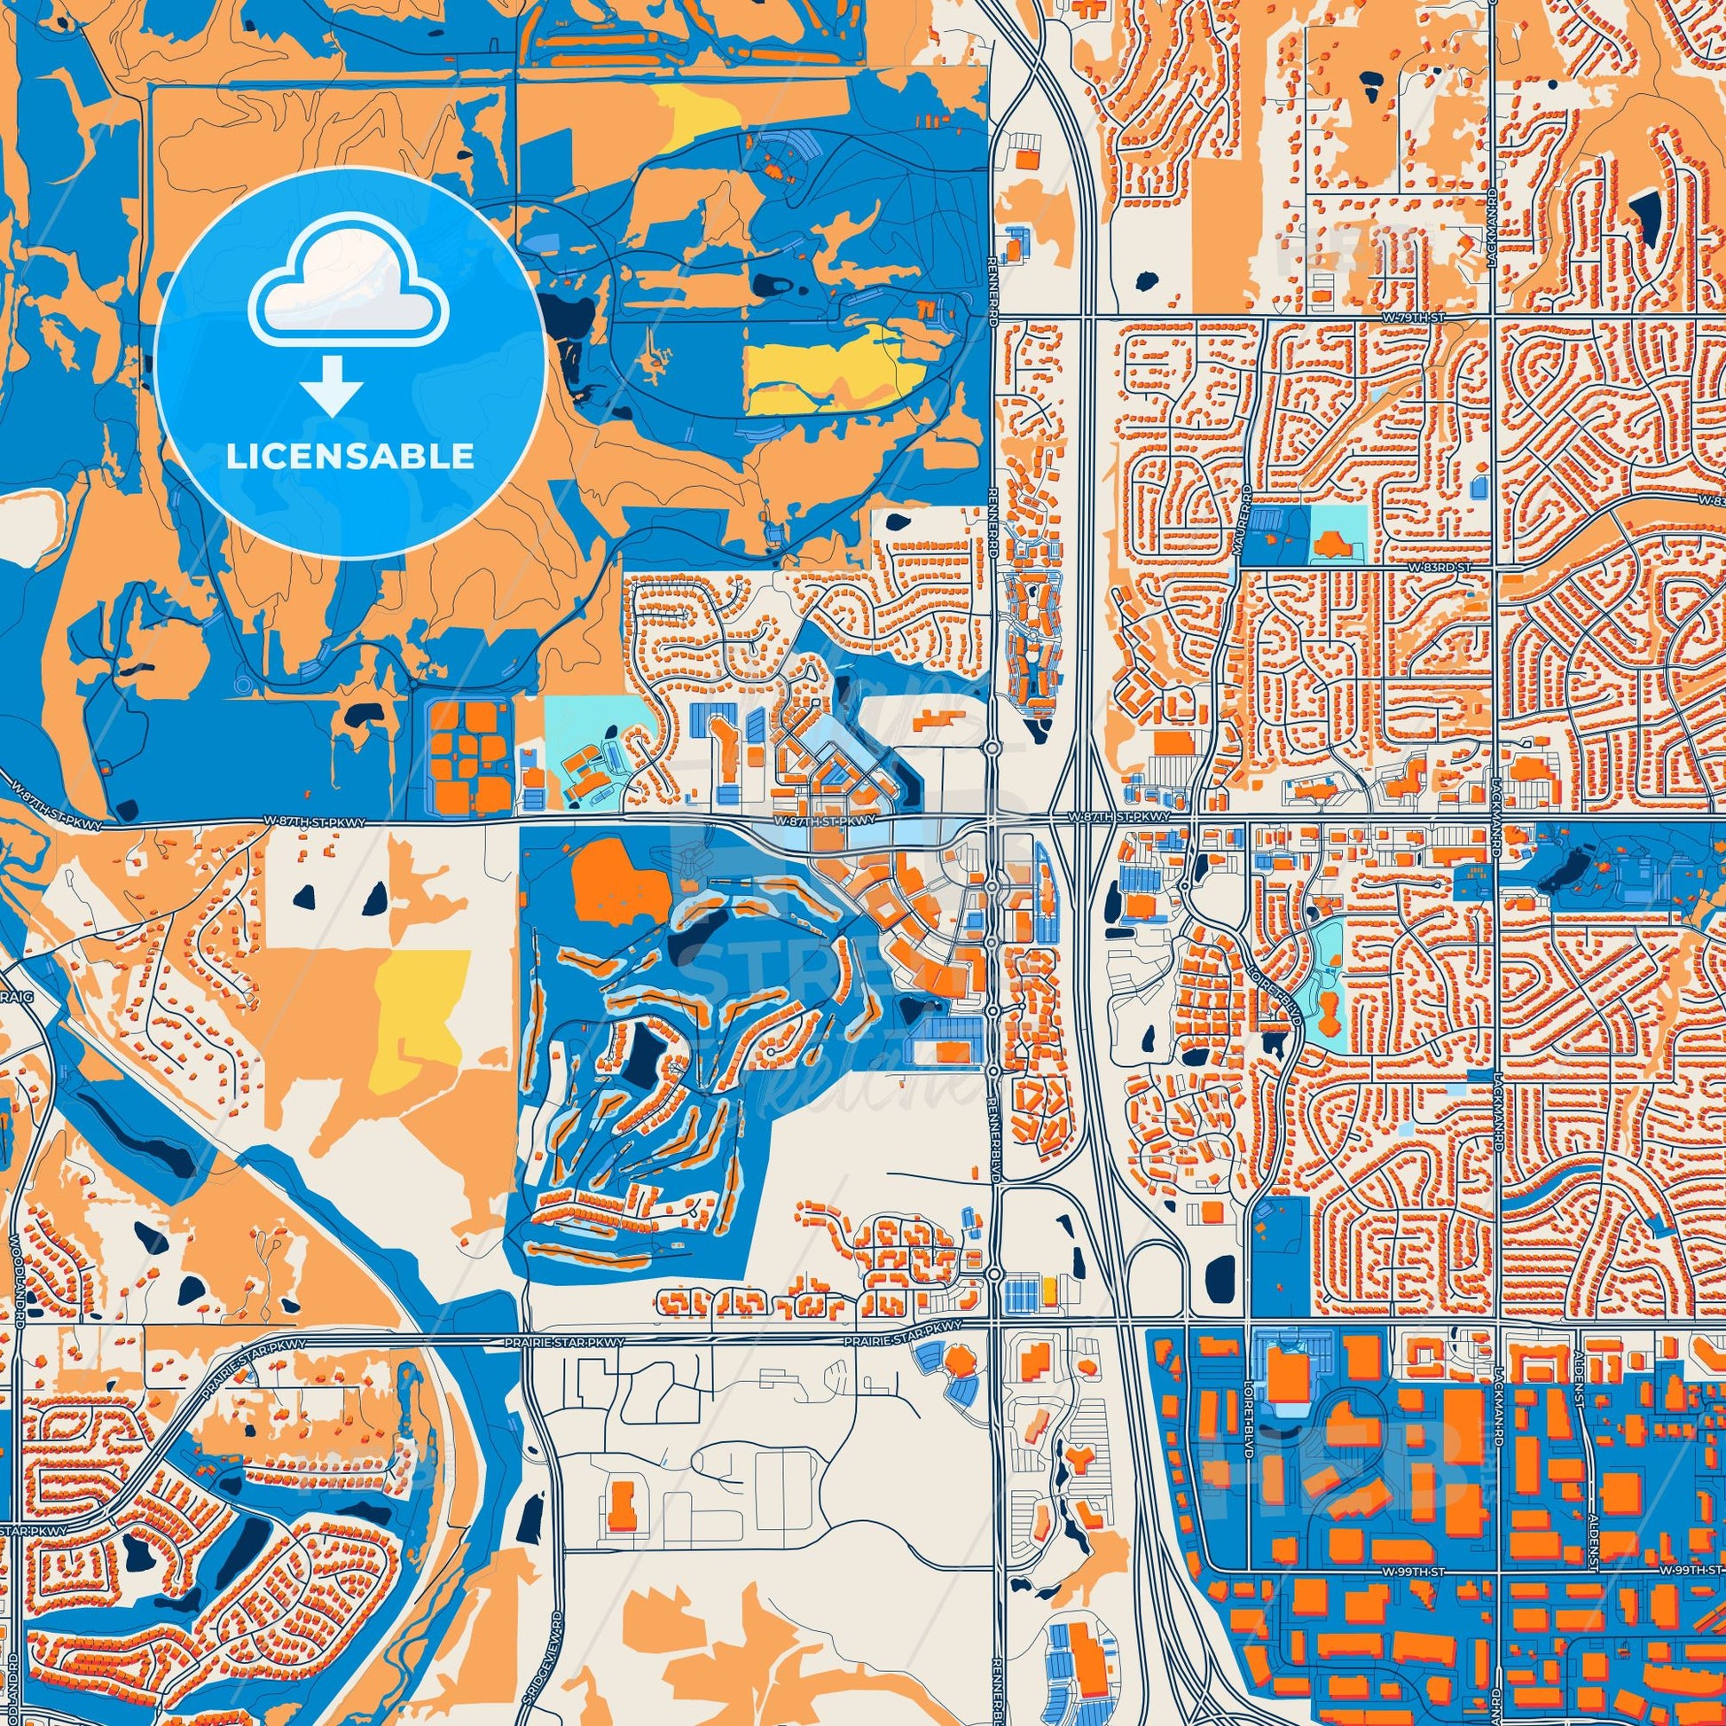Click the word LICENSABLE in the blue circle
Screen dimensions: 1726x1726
tap(350, 457)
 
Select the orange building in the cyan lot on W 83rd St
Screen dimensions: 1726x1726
tap(1333, 538)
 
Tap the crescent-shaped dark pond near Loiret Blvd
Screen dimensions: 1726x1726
tap(1274, 1041)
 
